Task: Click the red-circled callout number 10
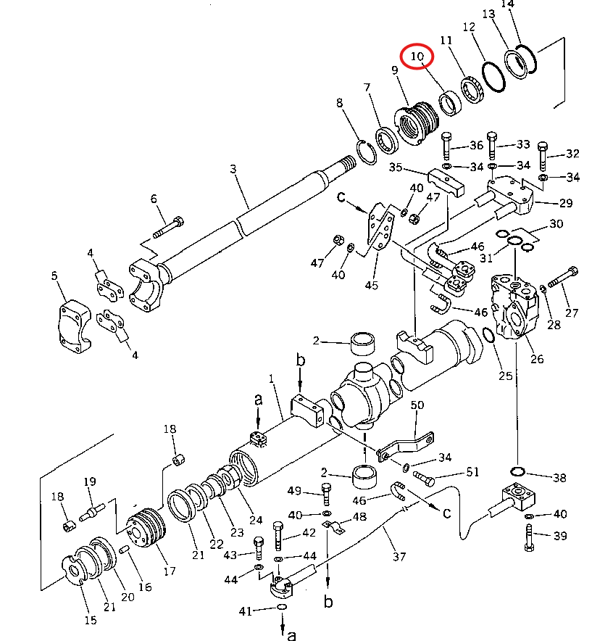[x=417, y=56]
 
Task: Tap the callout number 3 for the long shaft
[x=233, y=168]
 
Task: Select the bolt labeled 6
[x=168, y=227]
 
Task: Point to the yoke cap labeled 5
[x=75, y=326]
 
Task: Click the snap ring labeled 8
[x=367, y=152]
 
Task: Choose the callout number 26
[x=537, y=358]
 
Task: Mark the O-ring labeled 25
[x=488, y=335]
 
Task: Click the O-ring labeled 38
[x=517, y=471]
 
